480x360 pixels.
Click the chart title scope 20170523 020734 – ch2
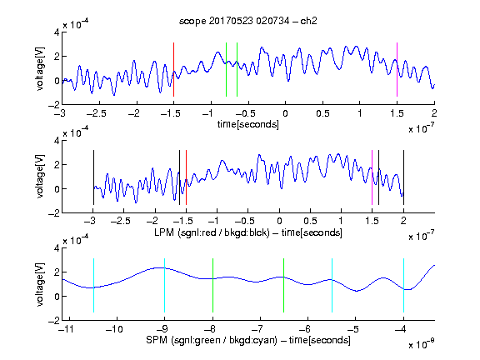(x=248, y=21)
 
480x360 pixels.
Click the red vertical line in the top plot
(x=173, y=69)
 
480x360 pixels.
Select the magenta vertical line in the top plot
(x=397, y=69)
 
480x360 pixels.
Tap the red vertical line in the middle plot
(x=186, y=177)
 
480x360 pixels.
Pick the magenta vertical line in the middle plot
(x=372, y=177)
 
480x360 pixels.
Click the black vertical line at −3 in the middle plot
(x=93, y=177)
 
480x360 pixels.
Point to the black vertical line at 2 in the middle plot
(x=403, y=177)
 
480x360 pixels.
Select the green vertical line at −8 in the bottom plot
(x=212, y=285)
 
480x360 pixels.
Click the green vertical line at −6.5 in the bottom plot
(x=284, y=285)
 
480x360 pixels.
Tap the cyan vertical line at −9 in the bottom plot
(x=164, y=285)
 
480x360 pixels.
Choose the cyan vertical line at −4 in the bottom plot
(x=403, y=285)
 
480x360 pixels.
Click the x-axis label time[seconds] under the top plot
(x=248, y=124)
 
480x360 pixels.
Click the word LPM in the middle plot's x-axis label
(x=164, y=232)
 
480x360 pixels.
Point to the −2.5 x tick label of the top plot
(x=97, y=113)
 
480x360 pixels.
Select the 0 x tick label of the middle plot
(x=279, y=221)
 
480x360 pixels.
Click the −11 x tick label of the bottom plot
(x=66, y=329)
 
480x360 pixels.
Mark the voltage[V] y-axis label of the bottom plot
(x=40, y=284)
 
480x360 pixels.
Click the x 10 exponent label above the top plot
(x=76, y=23)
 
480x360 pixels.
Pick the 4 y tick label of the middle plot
(x=57, y=141)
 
